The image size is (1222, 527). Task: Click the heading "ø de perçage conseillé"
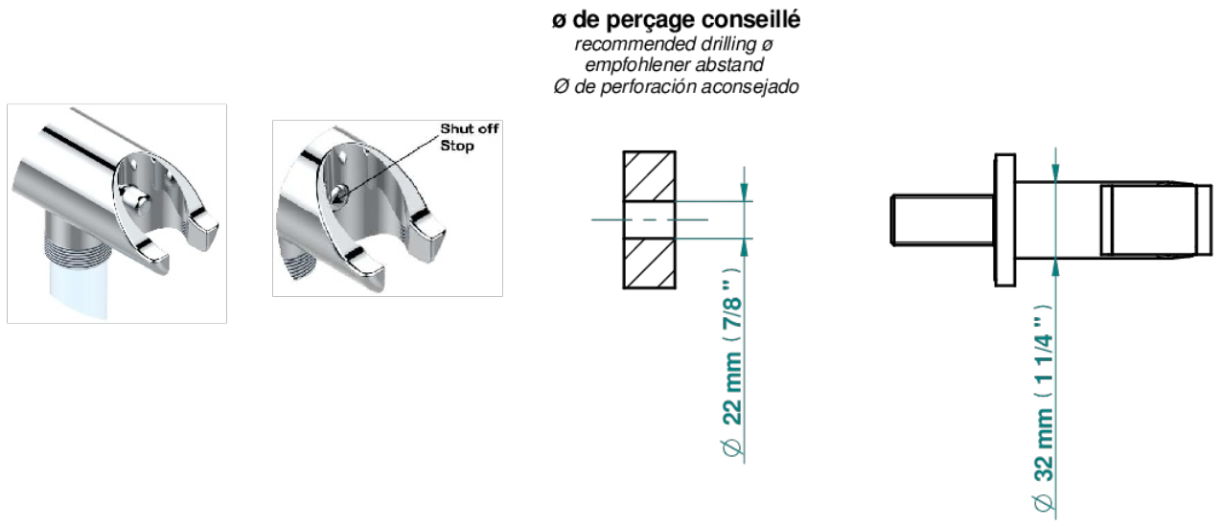(x=676, y=20)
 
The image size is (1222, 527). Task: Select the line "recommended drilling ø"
(x=674, y=44)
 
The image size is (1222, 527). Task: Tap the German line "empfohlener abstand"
(x=675, y=65)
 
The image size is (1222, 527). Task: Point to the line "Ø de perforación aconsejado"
(x=676, y=86)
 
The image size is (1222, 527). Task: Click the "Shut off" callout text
(x=470, y=128)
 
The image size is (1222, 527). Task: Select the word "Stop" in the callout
(x=457, y=146)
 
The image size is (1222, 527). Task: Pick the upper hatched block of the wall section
(x=649, y=176)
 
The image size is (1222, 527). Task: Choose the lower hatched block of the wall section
(x=649, y=263)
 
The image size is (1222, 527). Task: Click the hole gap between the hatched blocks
(x=649, y=219)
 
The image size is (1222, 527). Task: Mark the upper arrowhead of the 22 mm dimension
(x=744, y=192)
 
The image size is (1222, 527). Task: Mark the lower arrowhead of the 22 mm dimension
(x=744, y=247)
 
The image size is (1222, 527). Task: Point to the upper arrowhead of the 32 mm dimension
(x=1055, y=172)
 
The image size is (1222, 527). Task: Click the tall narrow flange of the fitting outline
(x=1004, y=219)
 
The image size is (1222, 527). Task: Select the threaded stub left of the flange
(x=942, y=219)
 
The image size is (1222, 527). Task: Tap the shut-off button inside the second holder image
(x=337, y=194)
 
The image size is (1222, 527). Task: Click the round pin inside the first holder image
(x=132, y=196)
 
